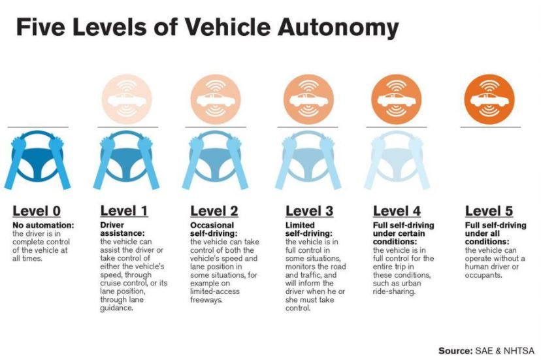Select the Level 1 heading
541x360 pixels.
tap(124, 211)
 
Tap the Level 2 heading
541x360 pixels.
tap(214, 211)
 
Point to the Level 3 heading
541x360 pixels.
tap(309, 211)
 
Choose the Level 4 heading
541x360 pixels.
tap(397, 211)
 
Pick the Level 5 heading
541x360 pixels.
tap(489, 211)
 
